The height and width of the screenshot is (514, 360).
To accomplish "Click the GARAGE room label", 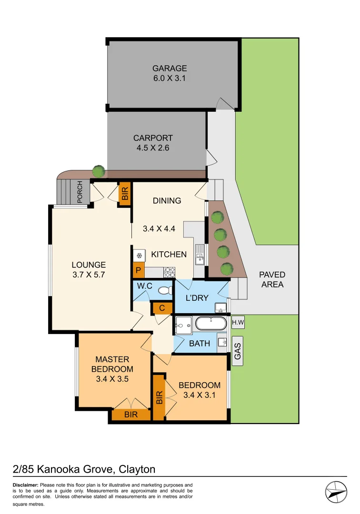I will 169,68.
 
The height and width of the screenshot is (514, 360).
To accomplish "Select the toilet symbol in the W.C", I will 164,290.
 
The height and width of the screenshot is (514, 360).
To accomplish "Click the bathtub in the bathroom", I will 210,324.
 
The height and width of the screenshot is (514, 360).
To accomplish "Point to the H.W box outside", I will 237,323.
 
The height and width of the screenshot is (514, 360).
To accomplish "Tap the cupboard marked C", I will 162,308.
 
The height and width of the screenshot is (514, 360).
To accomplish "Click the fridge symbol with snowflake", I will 139,256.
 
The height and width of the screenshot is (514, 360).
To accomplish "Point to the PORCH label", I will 80,192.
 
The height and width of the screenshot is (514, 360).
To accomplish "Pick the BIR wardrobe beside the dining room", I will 125,194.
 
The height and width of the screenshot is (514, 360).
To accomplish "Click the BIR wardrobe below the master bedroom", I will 131,415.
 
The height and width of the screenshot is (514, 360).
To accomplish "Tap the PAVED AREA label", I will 272,279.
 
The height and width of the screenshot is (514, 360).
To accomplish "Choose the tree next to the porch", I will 99,170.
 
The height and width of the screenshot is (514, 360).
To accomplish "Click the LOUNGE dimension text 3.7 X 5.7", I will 89,275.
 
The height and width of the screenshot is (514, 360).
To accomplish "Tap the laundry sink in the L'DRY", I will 220,306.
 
